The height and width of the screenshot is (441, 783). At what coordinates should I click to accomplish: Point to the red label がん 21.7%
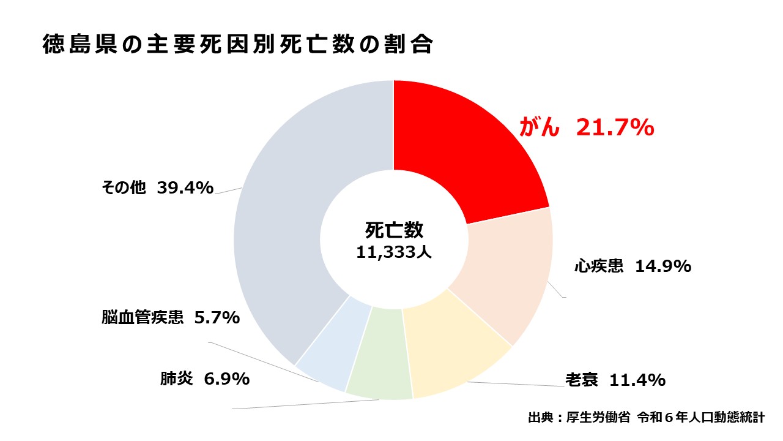coord(587,127)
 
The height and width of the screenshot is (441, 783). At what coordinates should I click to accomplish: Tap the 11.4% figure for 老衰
coord(637,380)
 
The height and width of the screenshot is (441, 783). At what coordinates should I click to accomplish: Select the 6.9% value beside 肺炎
coord(227,379)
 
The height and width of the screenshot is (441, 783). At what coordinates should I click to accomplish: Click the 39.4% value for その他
coord(185,187)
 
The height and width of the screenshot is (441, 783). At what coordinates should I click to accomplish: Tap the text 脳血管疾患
coord(143,318)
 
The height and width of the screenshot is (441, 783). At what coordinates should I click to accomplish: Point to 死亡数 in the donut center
coord(394,230)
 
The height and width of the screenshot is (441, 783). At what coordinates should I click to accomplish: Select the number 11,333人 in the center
coord(394,252)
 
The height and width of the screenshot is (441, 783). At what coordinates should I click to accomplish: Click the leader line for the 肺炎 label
coord(306,404)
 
